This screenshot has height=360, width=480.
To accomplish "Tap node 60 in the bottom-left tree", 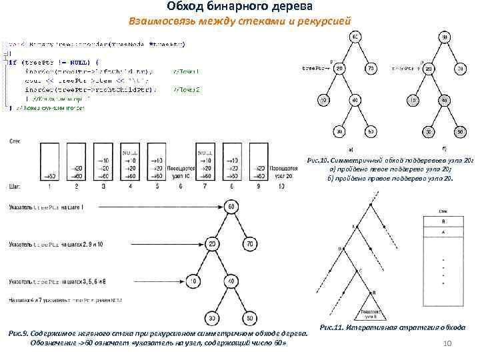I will (x=230, y=207).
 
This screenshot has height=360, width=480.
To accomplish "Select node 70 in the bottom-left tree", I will (x=250, y=244).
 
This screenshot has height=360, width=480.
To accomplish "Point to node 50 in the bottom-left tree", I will (x=250, y=318).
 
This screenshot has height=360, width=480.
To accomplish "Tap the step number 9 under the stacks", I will (x=231, y=187).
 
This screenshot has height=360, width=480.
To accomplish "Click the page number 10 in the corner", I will (x=447, y=343).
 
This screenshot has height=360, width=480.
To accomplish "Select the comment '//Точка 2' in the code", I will (x=186, y=89).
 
